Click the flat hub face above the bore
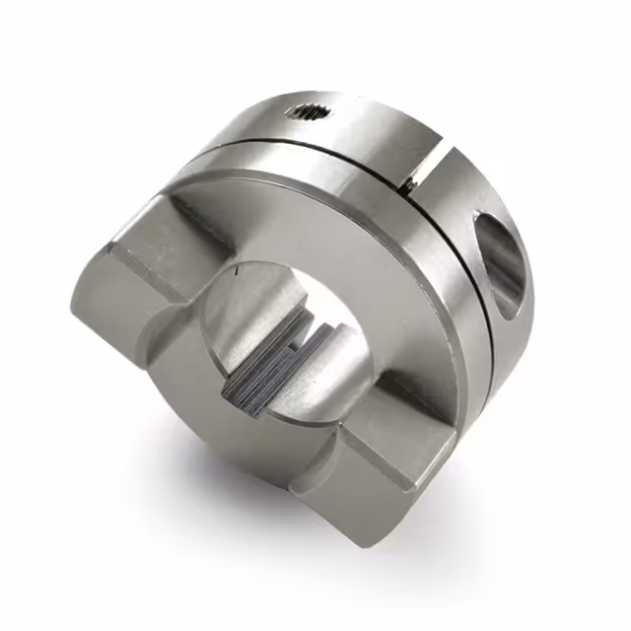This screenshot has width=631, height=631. click(x=325, y=222)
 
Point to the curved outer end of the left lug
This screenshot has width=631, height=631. click(x=99, y=315)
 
